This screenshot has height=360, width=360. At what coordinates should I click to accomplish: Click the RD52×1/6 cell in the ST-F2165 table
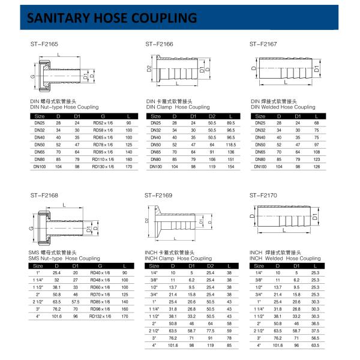tap(103, 123)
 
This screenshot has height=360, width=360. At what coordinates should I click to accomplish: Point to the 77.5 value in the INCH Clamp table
tap(211, 330)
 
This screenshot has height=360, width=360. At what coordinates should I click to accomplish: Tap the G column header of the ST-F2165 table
tap(103, 115)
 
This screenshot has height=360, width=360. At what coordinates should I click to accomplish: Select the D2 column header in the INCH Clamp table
tap(211, 265)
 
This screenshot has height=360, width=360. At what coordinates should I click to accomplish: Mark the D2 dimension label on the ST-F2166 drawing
tap(148, 69)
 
